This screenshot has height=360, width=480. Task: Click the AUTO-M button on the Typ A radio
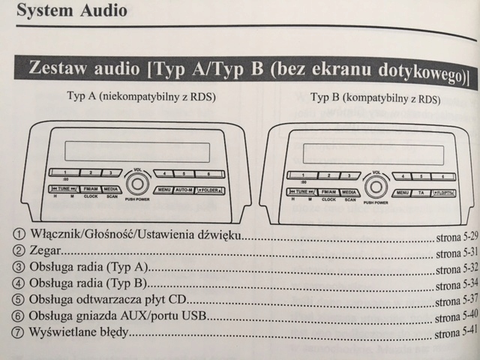point(184,190)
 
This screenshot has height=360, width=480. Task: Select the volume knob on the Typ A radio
point(137,184)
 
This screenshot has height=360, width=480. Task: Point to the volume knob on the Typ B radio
point(375,187)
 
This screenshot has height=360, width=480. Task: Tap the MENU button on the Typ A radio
point(164,190)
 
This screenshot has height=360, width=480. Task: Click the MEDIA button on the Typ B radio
point(349,192)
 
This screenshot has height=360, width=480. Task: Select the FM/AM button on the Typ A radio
point(90,189)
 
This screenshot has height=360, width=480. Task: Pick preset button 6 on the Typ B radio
point(443,176)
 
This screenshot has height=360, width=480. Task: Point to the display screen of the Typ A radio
point(127,151)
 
